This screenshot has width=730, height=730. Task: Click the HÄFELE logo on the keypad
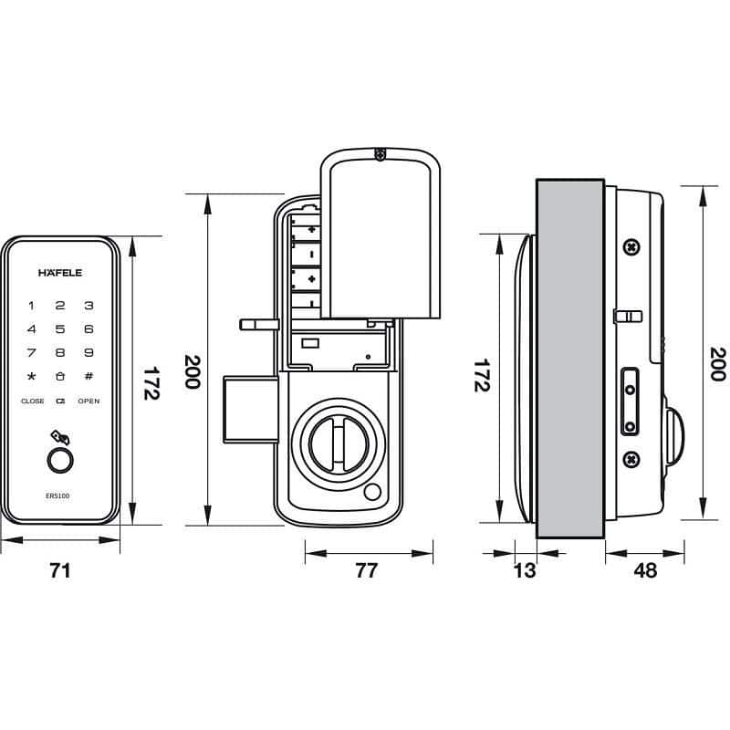coord(60,272)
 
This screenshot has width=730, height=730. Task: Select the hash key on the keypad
coord(89,376)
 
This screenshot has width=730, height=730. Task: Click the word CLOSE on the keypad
coord(33,401)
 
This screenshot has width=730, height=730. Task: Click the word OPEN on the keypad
coord(89,401)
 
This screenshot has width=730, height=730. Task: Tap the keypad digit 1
coord(32,306)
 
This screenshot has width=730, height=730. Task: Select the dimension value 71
coord(60,571)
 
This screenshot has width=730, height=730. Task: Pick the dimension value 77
coord(366,571)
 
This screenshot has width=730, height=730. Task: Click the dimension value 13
coord(526,571)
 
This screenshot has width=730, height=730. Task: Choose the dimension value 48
coord(644,571)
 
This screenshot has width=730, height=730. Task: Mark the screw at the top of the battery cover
coord(381,155)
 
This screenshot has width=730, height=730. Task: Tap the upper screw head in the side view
coord(630,247)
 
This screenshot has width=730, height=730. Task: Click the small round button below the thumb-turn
coord(372,494)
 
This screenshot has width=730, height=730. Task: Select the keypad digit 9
coord(89,352)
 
